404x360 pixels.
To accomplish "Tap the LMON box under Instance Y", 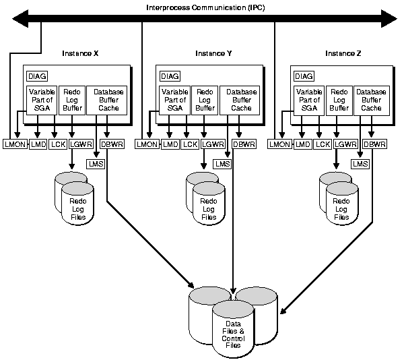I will (145, 144).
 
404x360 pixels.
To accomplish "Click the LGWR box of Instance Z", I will (345, 144).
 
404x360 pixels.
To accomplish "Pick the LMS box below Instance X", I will (96, 163).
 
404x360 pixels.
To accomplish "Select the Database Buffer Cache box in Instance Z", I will (371, 99).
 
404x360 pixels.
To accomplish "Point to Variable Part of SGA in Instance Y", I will (174, 99).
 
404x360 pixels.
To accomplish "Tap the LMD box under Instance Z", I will (302, 144).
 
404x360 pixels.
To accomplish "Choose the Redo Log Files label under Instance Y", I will (209, 209).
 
